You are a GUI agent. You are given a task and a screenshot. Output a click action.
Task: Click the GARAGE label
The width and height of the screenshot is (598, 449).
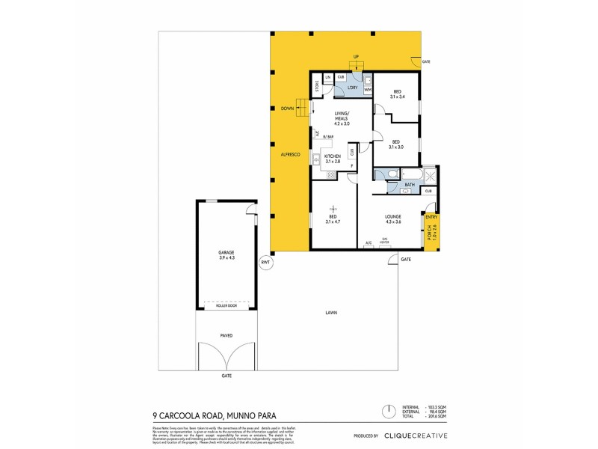[226, 255]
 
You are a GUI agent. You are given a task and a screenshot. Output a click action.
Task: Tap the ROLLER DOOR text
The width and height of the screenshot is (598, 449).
[226, 306]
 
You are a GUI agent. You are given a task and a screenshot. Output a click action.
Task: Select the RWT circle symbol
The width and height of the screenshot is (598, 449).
[265, 263]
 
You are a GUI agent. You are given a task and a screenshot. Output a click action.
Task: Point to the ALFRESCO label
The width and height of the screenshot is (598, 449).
[290, 154]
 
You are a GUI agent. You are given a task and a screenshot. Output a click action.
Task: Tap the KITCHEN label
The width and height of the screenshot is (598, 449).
[333, 156]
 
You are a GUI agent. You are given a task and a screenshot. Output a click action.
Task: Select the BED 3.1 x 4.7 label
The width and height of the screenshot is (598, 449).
[333, 219]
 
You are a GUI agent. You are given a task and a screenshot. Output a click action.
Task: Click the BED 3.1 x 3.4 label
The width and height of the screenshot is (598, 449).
[396, 94]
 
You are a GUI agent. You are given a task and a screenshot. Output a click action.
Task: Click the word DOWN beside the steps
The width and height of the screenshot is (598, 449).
[287, 108]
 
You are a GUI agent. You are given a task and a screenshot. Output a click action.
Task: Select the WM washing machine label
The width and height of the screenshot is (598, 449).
[367, 90]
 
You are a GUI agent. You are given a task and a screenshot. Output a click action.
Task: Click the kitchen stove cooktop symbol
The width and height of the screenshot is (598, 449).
[330, 174]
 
